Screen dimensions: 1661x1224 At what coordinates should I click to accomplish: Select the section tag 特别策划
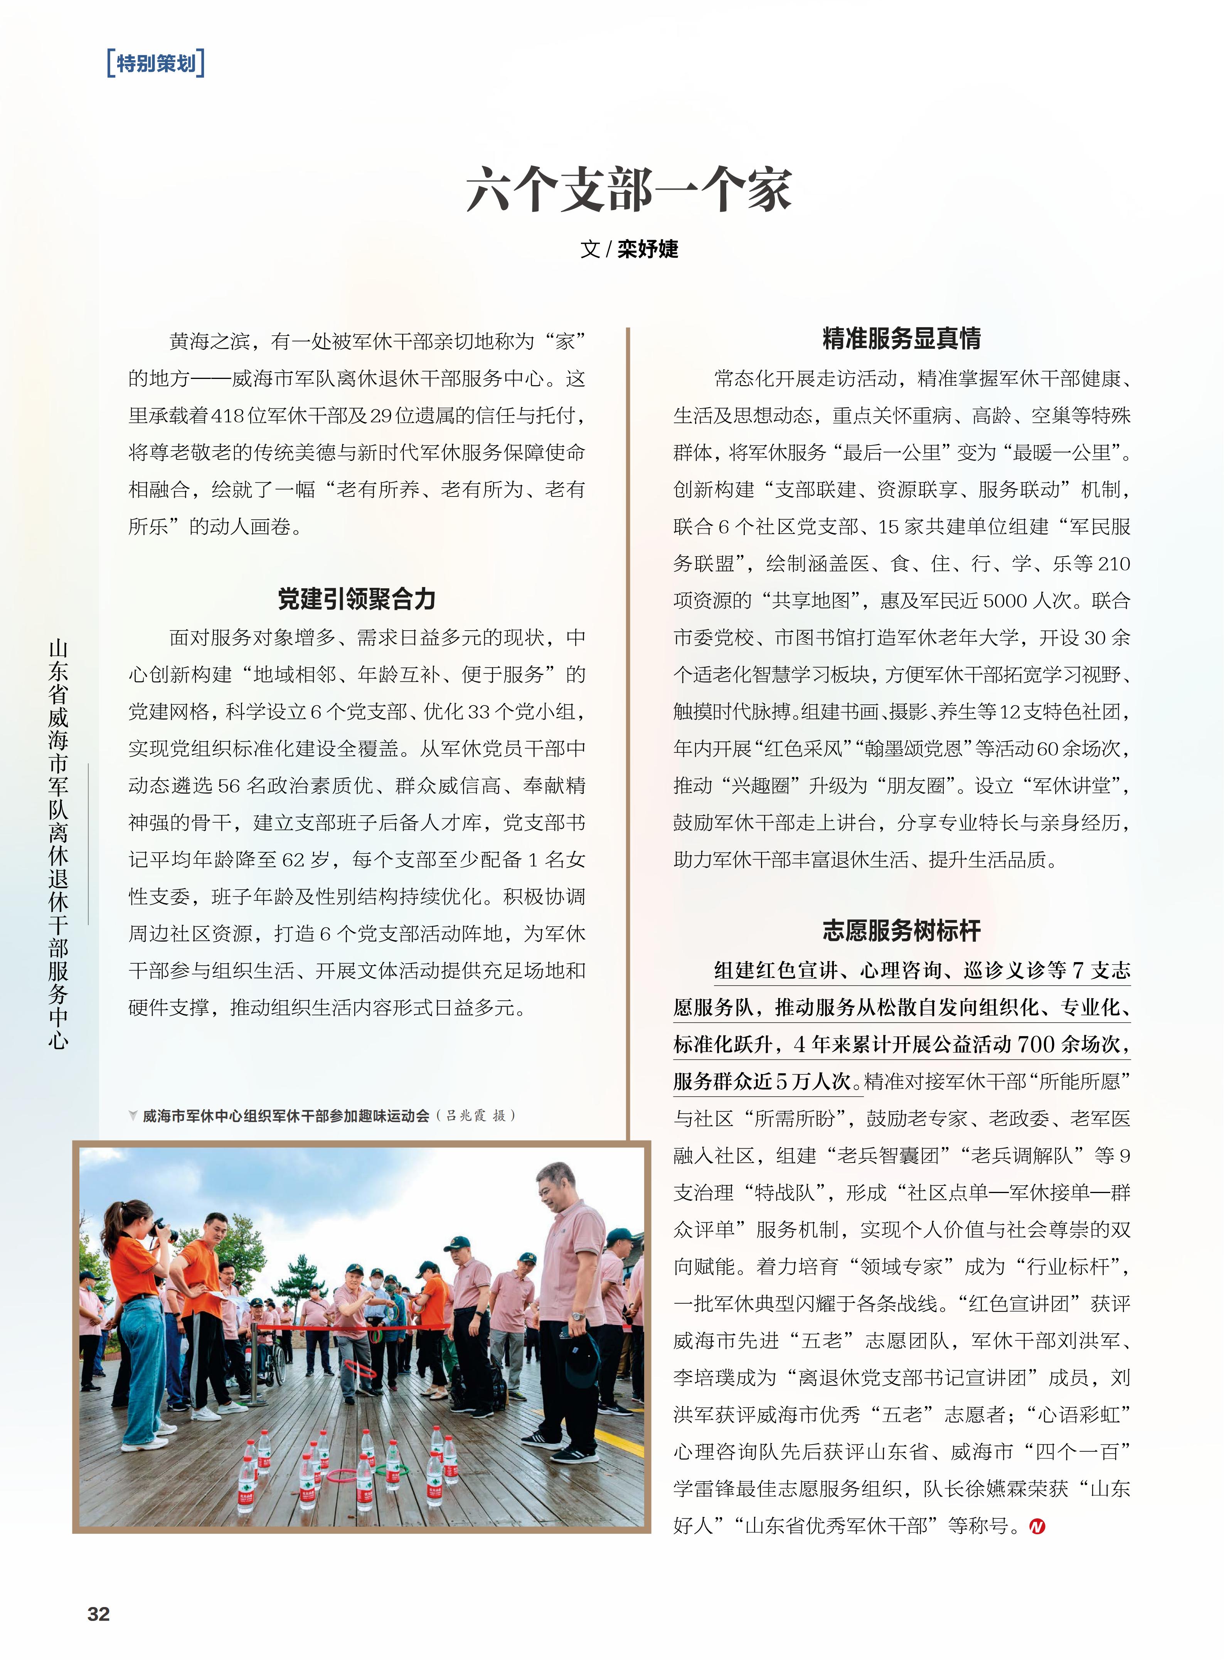pyautogui.click(x=156, y=64)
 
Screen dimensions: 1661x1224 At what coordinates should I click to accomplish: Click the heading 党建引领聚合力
pyautogui.click(x=356, y=599)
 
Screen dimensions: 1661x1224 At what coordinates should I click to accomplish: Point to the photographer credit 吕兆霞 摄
pyautogui.click(x=475, y=1116)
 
